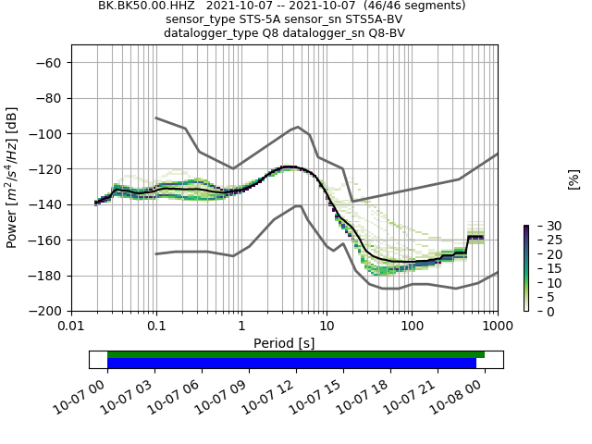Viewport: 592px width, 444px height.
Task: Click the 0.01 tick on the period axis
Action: (71, 327)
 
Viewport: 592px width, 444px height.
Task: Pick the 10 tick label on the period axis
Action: (327, 327)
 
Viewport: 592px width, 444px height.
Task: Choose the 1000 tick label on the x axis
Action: (497, 327)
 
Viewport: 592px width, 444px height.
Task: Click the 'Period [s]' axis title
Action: (284, 343)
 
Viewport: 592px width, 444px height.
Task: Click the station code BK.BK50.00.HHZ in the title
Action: (146, 6)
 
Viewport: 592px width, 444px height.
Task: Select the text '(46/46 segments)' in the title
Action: (414, 6)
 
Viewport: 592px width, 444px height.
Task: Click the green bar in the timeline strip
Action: (296, 354)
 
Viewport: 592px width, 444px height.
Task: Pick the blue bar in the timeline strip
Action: (291, 364)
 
